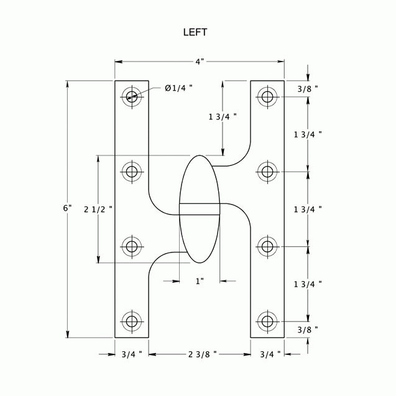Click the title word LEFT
[195, 32]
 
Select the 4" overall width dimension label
[199, 62]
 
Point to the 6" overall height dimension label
[67, 208]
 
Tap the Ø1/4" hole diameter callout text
[178, 88]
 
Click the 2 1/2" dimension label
[98, 209]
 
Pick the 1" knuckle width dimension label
[200, 281]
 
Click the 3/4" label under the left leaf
[131, 354]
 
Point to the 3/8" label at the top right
[307, 88]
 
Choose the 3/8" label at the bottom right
[307, 329]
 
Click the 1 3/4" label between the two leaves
[223, 116]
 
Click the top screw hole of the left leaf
[131, 96]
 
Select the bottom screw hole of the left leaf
[131, 321]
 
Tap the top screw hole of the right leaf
[267, 96]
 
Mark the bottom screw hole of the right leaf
[267, 321]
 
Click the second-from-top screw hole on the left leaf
[131, 171]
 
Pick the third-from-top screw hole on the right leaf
[267, 246]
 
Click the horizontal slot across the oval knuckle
[200, 209]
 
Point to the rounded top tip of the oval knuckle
[200, 157]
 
